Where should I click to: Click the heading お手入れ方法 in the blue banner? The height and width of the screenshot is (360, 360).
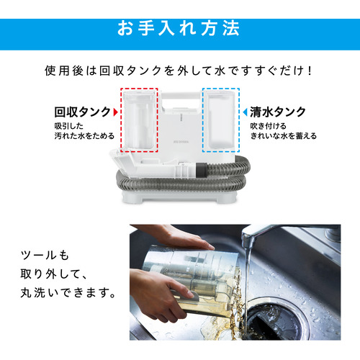pyautogui.click(x=179, y=28)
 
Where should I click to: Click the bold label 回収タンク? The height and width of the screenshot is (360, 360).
pyautogui.click(x=82, y=112)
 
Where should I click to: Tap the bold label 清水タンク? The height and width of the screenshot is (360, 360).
pyautogui.click(x=278, y=112)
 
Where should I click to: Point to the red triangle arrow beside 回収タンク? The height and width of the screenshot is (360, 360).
pyautogui.click(x=116, y=112)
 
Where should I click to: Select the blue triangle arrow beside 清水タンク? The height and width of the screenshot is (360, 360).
pyautogui.click(x=245, y=112)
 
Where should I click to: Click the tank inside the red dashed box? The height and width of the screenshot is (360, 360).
pyautogui.click(x=139, y=120)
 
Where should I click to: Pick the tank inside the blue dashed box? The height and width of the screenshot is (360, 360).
pyautogui.click(x=221, y=120)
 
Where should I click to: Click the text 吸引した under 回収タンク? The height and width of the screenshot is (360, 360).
pyautogui.click(x=68, y=126)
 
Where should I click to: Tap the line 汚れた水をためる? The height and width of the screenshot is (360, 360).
pyautogui.click(x=84, y=136)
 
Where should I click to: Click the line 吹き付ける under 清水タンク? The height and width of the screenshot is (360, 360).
pyautogui.click(x=268, y=126)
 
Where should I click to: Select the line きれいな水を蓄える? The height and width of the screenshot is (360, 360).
pyautogui.click(x=283, y=136)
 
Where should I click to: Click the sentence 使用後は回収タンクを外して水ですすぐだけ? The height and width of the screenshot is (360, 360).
pyautogui.click(x=179, y=71)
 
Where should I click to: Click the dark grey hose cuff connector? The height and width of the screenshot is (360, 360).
pyautogui.click(x=202, y=169)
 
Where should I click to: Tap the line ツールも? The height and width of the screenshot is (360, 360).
pyautogui.click(x=45, y=255)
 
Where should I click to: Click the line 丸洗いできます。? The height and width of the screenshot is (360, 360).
pyautogui.click(x=68, y=293)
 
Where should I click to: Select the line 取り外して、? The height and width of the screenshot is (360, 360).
pyautogui.click(x=53, y=274)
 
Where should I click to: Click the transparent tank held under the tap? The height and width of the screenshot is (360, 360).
pyautogui.click(x=192, y=279)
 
